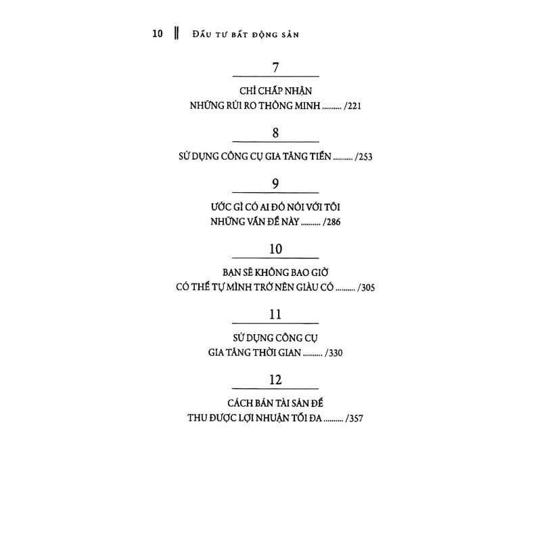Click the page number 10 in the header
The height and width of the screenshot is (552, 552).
(158, 34)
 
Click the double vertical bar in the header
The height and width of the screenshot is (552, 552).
(177, 33)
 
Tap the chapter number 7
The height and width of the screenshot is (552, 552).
(275, 67)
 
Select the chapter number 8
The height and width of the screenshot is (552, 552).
(275, 133)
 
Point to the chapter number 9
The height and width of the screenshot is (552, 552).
(275, 184)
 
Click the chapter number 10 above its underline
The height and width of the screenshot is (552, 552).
(275, 249)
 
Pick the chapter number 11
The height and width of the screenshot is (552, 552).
(275, 315)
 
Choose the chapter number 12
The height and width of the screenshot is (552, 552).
(275, 380)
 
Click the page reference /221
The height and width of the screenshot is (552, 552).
(352, 106)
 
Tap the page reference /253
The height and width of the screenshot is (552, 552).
(363, 157)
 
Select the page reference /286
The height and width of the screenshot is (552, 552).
(331, 222)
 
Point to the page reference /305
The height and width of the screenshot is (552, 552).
(366, 287)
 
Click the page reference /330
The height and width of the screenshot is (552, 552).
(333, 352)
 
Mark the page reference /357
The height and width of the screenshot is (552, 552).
(354, 418)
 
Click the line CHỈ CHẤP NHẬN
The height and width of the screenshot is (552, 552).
(275, 91)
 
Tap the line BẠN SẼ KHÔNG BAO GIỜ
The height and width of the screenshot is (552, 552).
(275, 273)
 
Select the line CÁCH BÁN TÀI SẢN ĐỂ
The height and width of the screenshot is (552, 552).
(275, 403)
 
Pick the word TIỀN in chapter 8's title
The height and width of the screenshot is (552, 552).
(321, 156)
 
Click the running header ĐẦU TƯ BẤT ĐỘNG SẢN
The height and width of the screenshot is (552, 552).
(246, 34)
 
